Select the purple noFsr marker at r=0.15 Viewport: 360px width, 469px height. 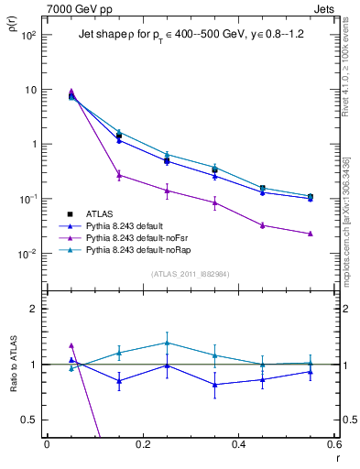(119, 175)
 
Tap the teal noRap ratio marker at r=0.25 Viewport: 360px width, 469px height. (167, 343)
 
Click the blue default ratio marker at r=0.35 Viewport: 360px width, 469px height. (214, 385)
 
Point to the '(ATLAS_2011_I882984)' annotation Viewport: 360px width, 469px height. (191, 274)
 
